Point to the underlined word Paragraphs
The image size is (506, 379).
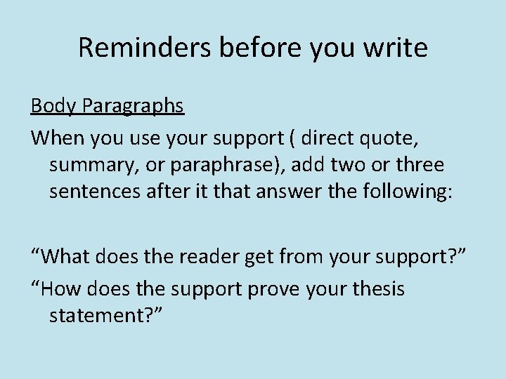[133, 107]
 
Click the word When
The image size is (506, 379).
[57, 138]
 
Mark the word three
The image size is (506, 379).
[420, 165]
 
